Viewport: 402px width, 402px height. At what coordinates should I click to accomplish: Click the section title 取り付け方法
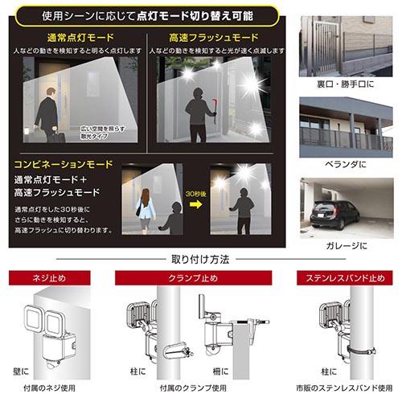click(200, 259)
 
